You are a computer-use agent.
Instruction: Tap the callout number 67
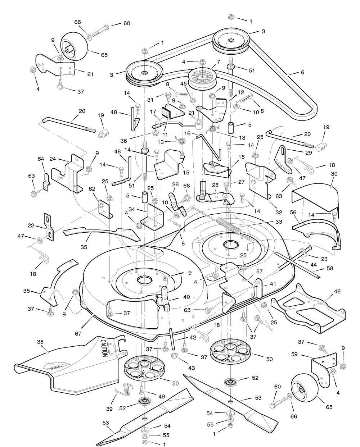coord(78,334)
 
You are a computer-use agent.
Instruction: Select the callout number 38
coord(40,342)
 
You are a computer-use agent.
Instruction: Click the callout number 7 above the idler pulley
coord(218,62)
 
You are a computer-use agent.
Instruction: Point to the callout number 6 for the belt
coord(302,72)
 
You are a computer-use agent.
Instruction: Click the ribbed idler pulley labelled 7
coord(201,79)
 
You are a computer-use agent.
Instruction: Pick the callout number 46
coord(337,291)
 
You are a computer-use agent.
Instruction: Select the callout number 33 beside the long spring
coord(279,222)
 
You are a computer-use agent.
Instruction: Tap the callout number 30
coord(334,174)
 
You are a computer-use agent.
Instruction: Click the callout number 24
coord(53,159)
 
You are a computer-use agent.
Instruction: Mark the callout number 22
coord(31,225)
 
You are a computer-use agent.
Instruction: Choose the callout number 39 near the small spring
coord(109,409)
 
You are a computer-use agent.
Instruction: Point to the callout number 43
coord(192,368)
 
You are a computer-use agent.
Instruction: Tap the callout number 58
coord(330,268)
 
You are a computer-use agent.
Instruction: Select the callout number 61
coord(90,74)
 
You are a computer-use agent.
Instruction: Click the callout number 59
coord(294,354)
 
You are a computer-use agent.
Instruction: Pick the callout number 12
coord(241,92)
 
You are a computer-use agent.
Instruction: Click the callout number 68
coord(186,186)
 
